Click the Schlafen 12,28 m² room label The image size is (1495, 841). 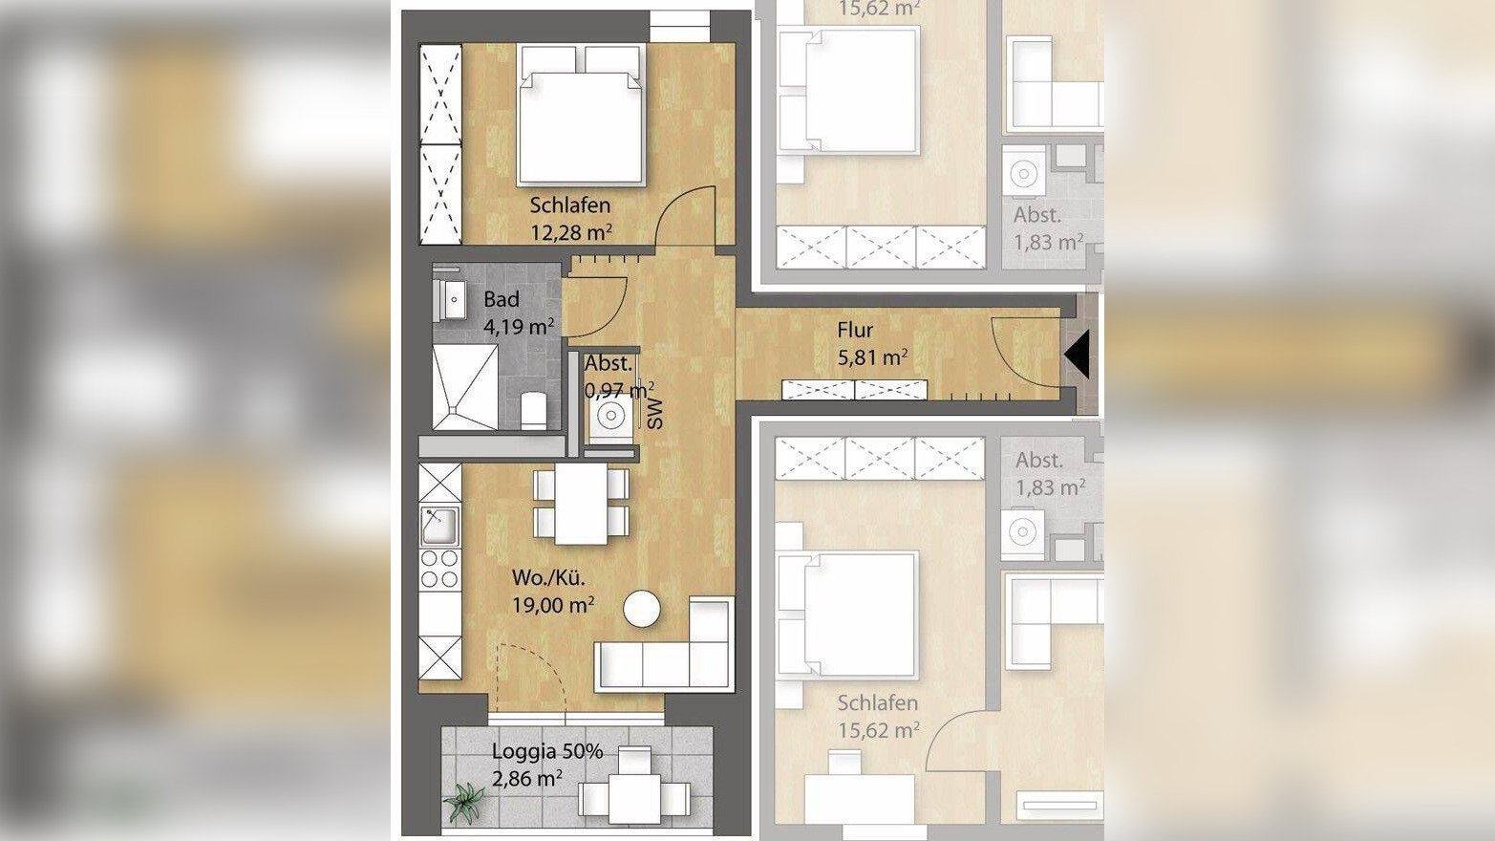pyautogui.click(x=570, y=218)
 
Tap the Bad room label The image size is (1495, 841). pyautogui.click(x=502, y=299)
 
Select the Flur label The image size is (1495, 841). pyautogui.click(x=855, y=330)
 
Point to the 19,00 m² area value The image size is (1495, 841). pyautogui.click(x=553, y=605)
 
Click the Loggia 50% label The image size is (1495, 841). pyautogui.click(x=547, y=751)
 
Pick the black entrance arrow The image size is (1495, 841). pyautogui.click(x=1077, y=355)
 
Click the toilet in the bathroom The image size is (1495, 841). pyautogui.click(x=533, y=409)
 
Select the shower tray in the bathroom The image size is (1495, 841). pyautogui.click(x=465, y=386)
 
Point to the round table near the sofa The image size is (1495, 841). pyautogui.click(x=642, y=610)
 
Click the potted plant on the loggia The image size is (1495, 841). pyautogui.click(x=464, y=802)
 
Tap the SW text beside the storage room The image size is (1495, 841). pyautogui.click(x=656, y=412)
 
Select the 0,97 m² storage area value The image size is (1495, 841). pyautogui.click(x=619, y=390)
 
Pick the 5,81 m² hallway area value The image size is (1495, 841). pyautogui.click(x=872, y=357)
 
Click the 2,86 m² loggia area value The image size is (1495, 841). pyautogui.click(x=526, y=778)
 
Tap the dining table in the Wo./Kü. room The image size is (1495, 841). pyautogui.click(x=581, y=504)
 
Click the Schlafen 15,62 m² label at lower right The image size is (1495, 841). pyautogui.click(x=878, y=716)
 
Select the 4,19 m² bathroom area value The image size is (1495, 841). pyautogui.click(x=519, y=327)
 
